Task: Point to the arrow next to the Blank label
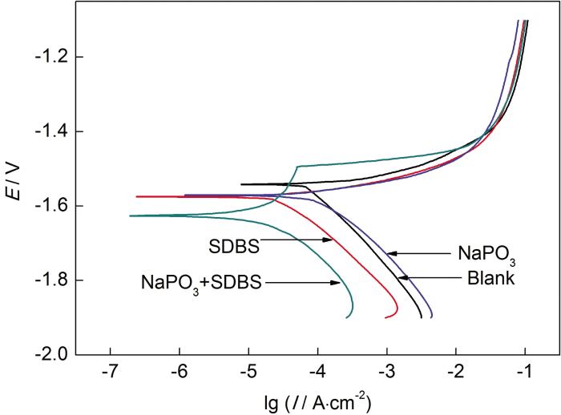[x=430, y=277]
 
